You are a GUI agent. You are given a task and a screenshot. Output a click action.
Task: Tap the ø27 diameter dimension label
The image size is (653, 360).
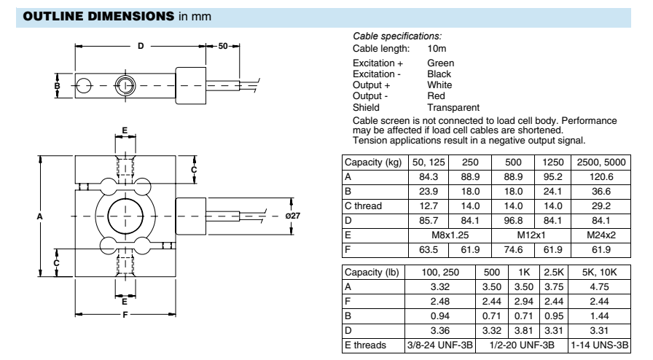pos(294,216)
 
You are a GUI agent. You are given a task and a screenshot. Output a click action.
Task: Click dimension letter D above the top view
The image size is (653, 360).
pos(141,46)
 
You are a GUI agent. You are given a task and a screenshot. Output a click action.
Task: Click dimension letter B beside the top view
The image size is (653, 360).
pos(57,85)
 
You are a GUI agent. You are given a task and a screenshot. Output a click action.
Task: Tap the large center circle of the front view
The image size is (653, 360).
pos(125,216)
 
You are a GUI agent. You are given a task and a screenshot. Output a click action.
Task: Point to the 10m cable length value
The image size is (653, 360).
pos(437,48)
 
